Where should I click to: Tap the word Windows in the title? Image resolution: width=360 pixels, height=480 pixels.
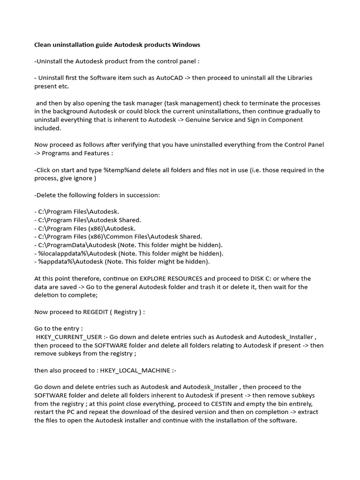tap(186, 45)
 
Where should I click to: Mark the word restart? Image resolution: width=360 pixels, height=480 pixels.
tap(46, 412)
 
